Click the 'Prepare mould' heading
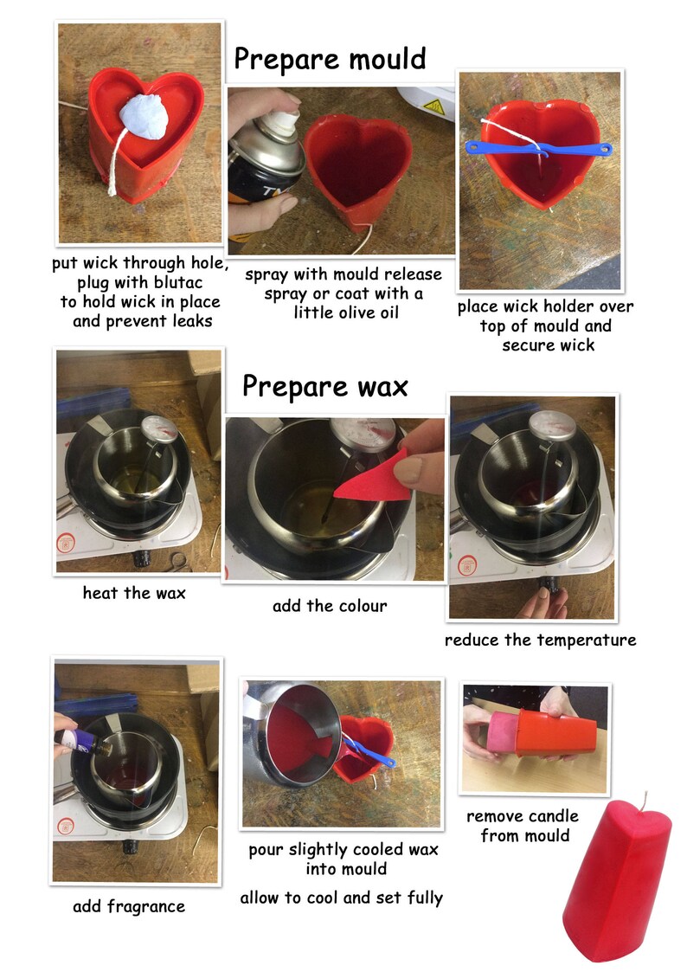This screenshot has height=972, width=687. (x=331, y=59)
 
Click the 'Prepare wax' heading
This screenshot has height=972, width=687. (x=324, y=385)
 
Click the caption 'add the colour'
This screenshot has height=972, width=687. (x=330, y=606)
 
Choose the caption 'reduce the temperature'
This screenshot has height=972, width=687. (x=540, y=640)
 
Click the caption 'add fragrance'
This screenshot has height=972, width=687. (x=129, y=907)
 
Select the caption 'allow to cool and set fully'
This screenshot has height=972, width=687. (x=341, y=898)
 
